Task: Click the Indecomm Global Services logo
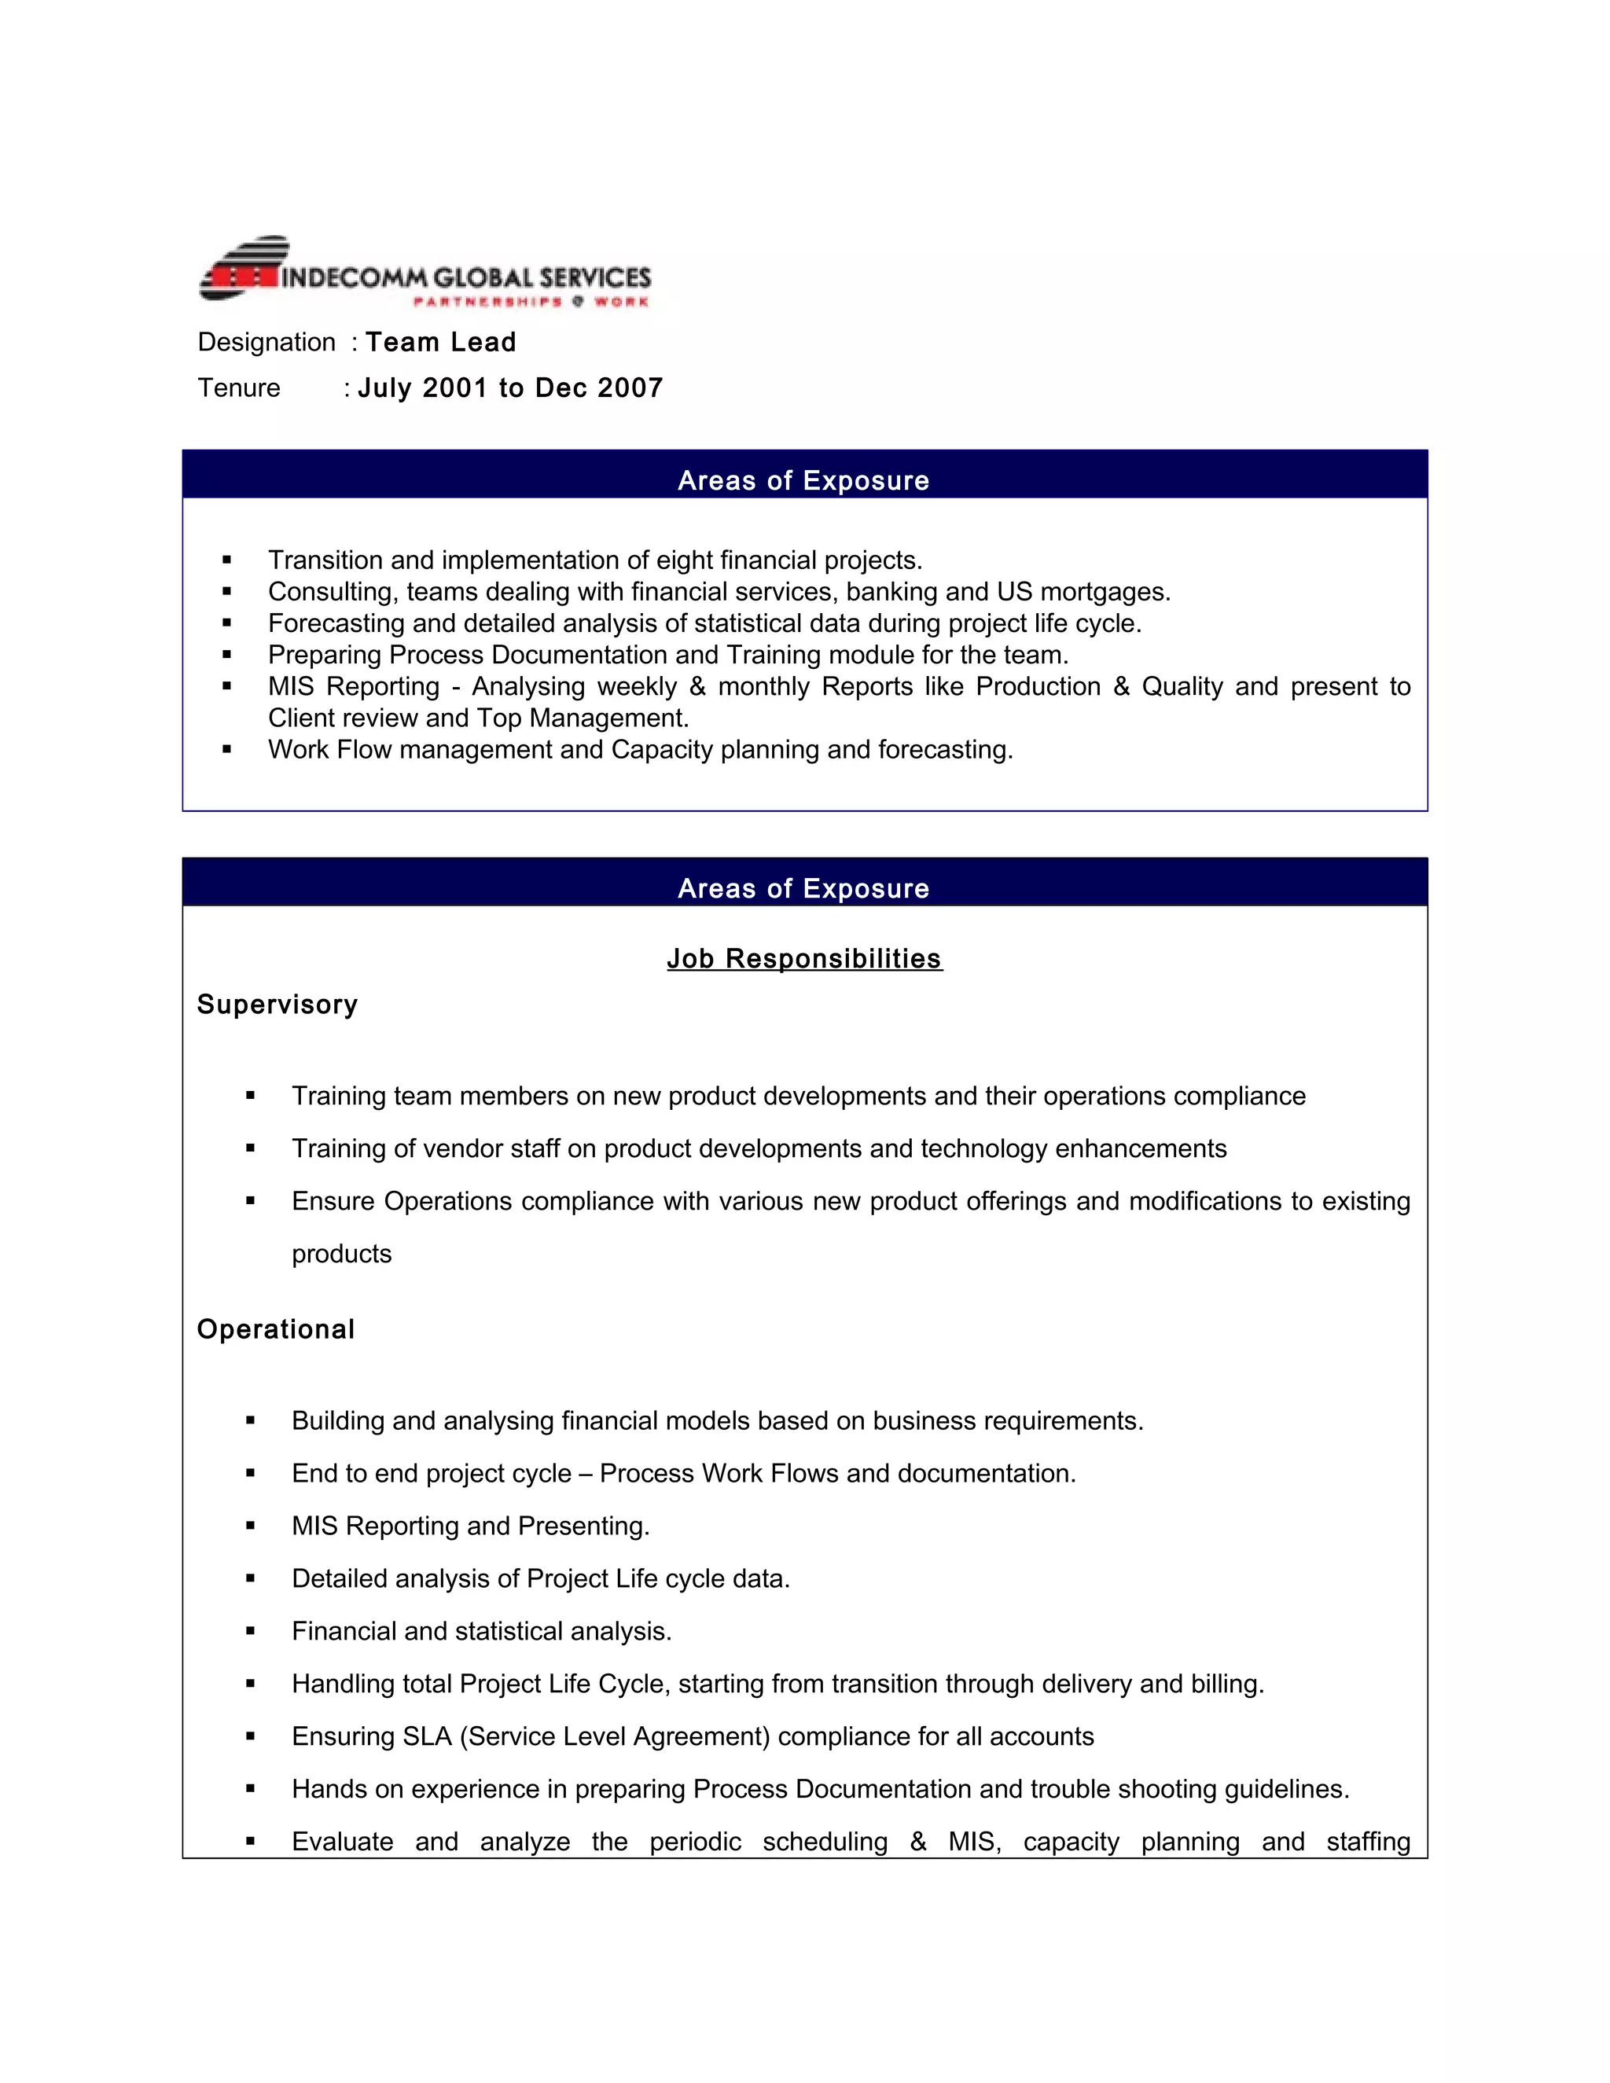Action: (425, 271)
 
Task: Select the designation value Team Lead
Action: (441, 343)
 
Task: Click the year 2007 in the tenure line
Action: (630, 388)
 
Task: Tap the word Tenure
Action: (238, 388)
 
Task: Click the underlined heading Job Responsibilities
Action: (804, 958)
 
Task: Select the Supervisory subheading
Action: (277, 1005)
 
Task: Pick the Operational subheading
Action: (276, 1329)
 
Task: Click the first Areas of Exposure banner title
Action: (803, 481)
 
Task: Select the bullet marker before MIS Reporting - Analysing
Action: (227, 685)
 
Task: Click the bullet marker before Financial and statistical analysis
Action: (251, 1631)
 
